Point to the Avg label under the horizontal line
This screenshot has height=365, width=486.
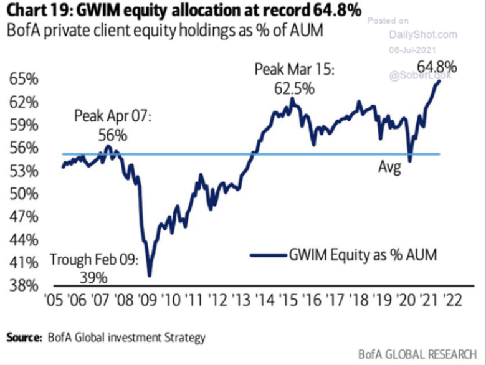390,167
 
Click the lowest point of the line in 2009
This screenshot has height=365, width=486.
150,275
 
